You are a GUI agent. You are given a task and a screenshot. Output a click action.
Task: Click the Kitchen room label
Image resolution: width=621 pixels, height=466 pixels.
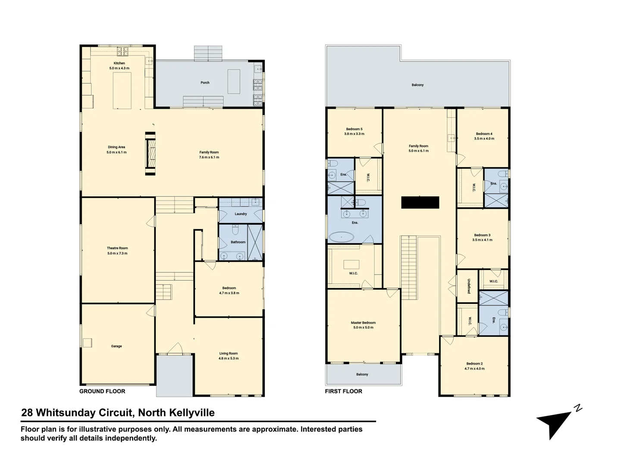pos(119,63)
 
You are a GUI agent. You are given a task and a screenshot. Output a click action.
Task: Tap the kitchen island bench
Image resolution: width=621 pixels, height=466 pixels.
pos(122,91)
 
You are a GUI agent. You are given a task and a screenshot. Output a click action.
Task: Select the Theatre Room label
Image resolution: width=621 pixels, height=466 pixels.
pos(117,248)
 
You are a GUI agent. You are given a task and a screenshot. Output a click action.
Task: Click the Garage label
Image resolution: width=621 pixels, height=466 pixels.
pos(116,346)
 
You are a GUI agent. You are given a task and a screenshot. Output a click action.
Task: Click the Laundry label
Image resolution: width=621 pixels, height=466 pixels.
pos(241,214)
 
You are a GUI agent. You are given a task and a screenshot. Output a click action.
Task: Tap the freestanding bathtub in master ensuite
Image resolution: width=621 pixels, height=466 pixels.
pos(341,237)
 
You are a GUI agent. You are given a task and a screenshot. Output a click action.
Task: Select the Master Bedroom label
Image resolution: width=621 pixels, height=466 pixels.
pos(363,323)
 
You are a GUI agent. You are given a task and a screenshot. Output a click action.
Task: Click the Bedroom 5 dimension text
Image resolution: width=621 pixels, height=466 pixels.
pos(354,134)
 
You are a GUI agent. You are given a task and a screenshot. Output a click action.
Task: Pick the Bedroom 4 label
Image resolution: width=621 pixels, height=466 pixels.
pos(484,134)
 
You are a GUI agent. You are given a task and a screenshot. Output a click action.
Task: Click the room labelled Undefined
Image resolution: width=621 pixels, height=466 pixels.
pos(468,286)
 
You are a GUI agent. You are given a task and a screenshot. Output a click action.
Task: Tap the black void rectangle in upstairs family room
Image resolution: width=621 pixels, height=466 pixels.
pos(420,202)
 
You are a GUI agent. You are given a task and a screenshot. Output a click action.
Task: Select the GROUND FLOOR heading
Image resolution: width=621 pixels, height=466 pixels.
pos(102,391)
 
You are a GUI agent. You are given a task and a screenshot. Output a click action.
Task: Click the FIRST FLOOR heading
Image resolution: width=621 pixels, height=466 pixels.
pos(343,391)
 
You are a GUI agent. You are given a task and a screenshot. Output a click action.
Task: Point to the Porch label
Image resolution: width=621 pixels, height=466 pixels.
pos(205,82)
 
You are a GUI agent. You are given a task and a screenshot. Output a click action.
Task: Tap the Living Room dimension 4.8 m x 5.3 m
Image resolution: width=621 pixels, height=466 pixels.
pos(229,359)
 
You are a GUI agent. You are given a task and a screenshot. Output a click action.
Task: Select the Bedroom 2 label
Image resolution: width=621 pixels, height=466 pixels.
pos(474,364)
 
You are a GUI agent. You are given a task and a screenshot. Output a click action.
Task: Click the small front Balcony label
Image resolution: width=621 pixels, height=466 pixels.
pos(362,375)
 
